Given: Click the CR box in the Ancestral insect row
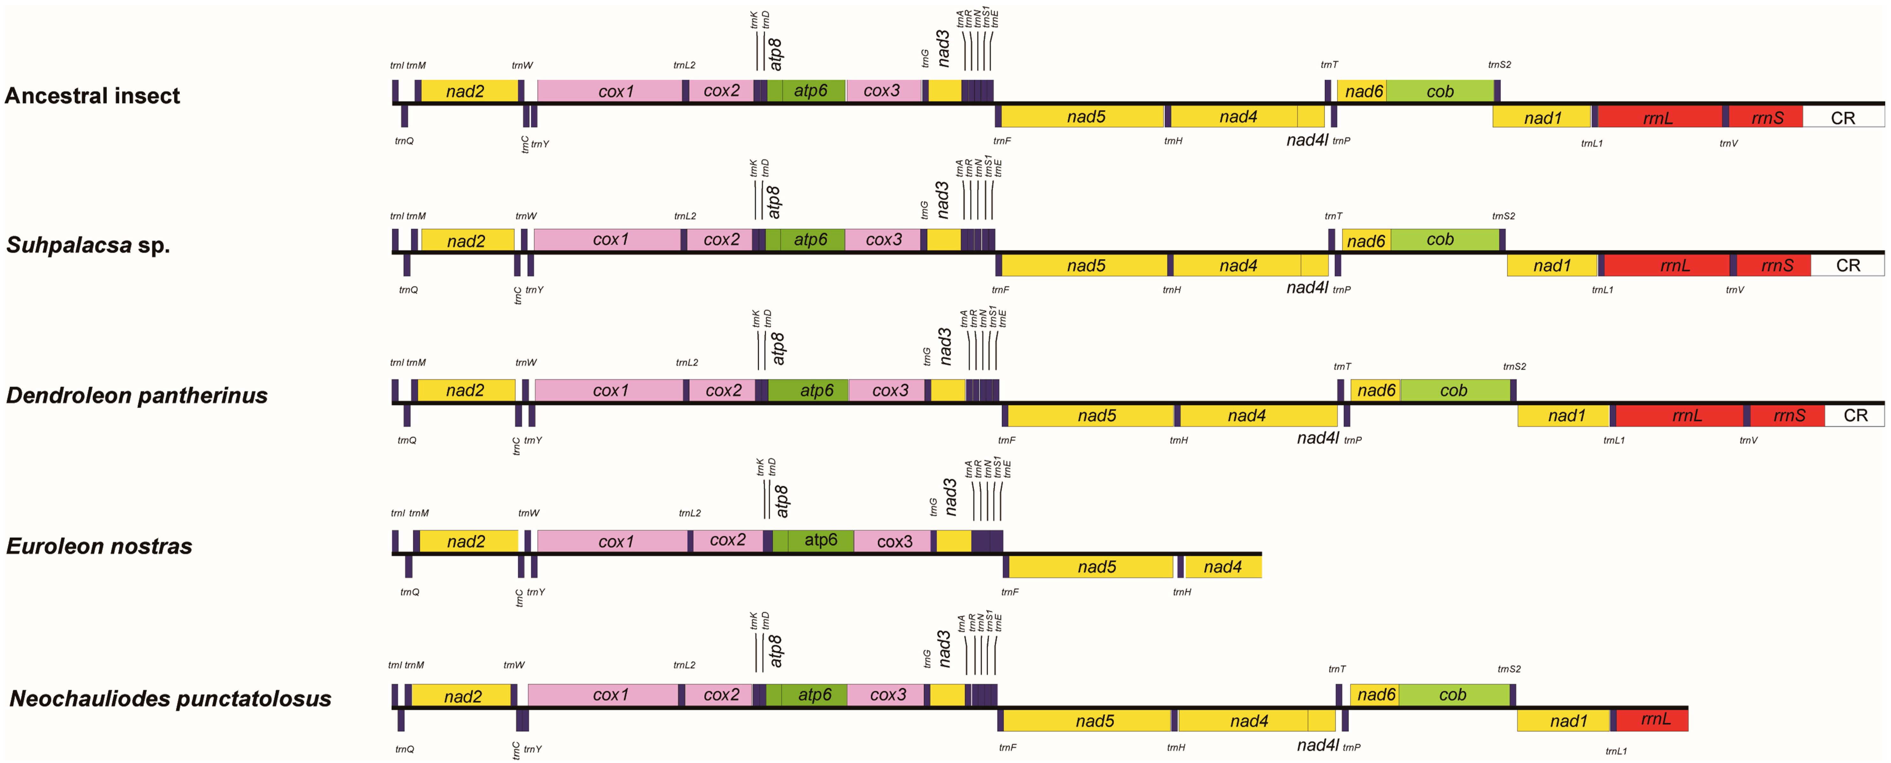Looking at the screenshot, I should point(1843,117).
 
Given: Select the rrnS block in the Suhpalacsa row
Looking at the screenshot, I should point(1777,265).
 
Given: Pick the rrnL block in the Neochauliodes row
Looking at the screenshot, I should point(1655,719).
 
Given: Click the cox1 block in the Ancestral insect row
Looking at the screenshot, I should point(615,91).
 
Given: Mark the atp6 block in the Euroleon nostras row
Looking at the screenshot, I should point(820,540).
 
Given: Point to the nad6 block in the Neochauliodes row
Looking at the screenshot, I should point(1376,695).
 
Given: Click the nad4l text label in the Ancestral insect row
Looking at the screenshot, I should point(1307,139).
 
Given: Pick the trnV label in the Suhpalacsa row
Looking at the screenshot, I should point(1735,290).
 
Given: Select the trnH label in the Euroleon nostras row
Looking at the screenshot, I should point(1182,592).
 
